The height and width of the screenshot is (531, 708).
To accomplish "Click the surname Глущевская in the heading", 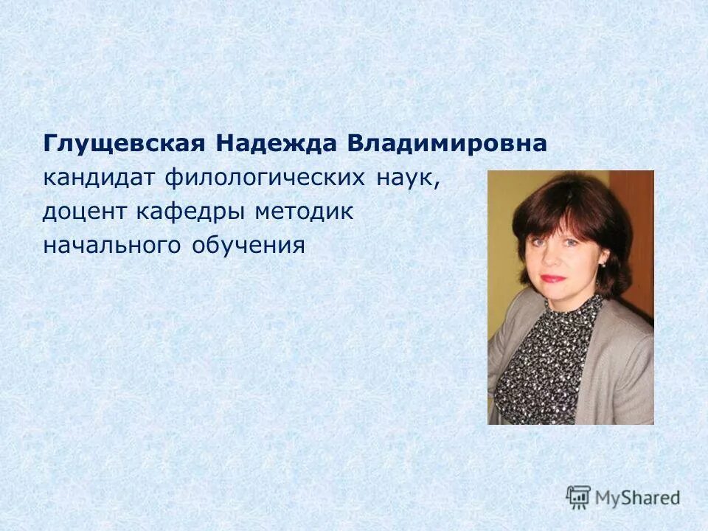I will click(x=122, y=145).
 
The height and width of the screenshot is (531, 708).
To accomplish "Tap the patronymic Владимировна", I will click(x=447, y=145).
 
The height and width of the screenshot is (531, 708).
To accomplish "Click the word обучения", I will click(x=249, y=246).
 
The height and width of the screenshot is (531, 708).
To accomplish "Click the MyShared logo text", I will click(x=638, y=498).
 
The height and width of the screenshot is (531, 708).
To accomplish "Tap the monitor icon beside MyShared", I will click(x=578, y=497).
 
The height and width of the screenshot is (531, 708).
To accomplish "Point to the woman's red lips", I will click(x=552, y=279).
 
